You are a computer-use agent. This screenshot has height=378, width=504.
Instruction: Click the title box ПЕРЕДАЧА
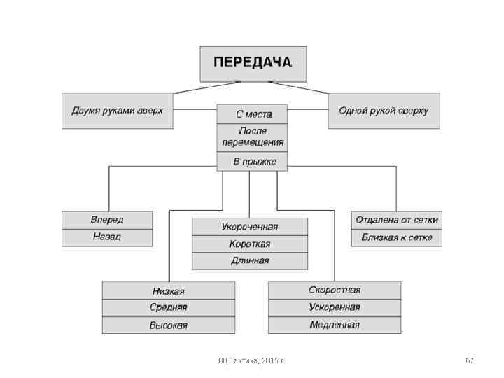(252, 63)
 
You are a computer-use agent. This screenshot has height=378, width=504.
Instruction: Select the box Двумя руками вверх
(117, 111)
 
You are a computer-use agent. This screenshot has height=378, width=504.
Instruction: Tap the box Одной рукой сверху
(384, 111)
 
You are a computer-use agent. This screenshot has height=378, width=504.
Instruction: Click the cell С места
(253, 114)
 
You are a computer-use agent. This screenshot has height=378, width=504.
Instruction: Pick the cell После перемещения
(253, 136)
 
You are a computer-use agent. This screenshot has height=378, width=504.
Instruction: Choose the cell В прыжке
(253, 162)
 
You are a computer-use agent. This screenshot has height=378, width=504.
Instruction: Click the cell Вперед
(106, 220)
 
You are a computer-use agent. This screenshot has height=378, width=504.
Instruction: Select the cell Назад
(106, 237)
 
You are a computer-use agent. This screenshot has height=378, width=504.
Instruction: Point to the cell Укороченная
(249, 226)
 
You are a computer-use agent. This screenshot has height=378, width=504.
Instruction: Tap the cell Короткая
(249, 244)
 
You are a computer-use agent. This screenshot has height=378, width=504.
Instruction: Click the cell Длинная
(249, 261)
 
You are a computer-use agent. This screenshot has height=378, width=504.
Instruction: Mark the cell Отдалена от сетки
(397, 220)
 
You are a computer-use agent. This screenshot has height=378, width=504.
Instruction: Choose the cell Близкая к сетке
(397, 237)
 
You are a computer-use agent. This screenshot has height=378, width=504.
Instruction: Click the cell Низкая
(168, 290)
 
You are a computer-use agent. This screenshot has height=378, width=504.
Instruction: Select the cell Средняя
(168, 308)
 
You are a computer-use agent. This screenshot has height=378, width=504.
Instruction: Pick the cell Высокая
(168, 325)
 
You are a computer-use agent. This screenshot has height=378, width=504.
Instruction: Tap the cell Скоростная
(335, 290)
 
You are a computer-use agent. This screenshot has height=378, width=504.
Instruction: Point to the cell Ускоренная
(335, 307)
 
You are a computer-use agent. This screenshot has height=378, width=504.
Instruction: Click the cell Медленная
(335, 325)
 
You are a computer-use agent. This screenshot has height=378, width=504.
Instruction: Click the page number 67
(470, 360)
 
